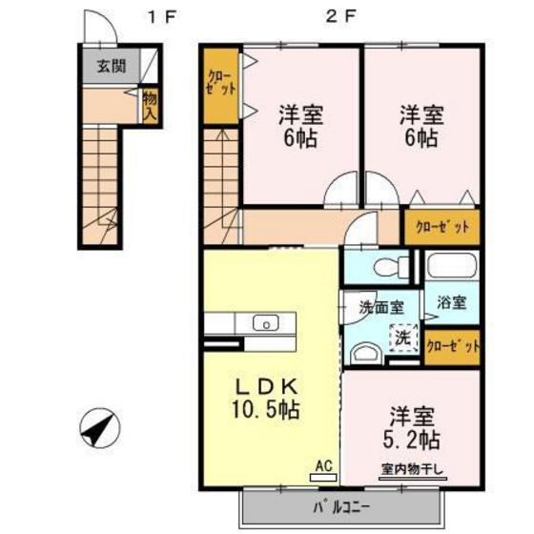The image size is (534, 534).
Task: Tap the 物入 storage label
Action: pyautogui.click(x=150, y=104)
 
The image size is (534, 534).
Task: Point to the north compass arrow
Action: pyautogui.click(x=99, y=427)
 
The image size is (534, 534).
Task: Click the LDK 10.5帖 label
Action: pyautogui.click(x=268, y=399)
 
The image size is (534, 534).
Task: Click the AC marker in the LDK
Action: pyautogui.click(x=322, y=466)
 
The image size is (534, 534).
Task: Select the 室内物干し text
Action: pyautogui.click(x=413, y=468)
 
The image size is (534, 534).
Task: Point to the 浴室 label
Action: pyautogui.click(x=452, y=304)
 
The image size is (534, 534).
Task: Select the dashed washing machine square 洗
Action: pyautogui.click(x=403, y=336)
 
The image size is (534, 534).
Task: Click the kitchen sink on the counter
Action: pyautogui.click(x=262, y=322)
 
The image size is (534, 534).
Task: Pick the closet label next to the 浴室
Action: pyautogui.click(x=452, y=347)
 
